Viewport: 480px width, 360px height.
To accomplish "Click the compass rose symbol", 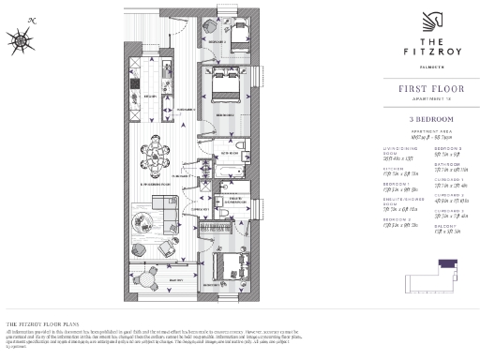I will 21,38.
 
